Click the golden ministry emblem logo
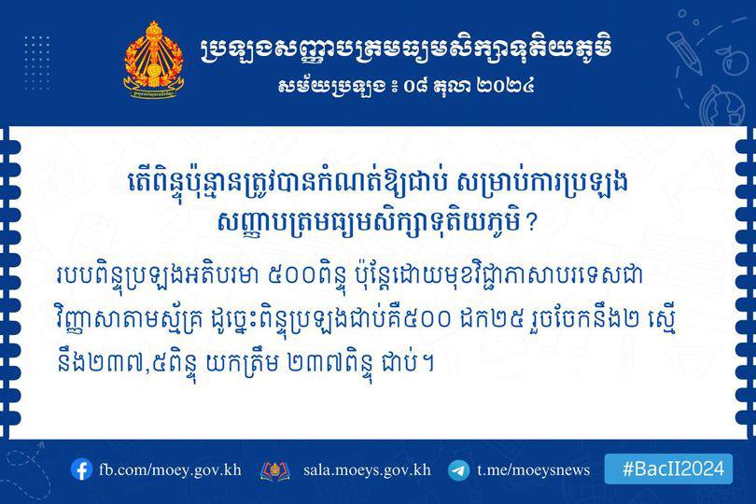[x=153, y=61]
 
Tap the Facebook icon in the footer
[x=81, y=469]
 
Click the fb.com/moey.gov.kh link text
[x=170, y=469]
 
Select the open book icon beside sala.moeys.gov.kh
[x=274, y=470]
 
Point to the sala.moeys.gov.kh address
[x=367, y=469]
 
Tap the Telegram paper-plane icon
[x=458, y=469]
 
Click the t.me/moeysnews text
[x=533, y=469]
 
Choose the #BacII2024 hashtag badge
[x=668, y=469]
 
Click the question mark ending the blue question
[x=531, y=223]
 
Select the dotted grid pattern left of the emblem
[x=36, y=63]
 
